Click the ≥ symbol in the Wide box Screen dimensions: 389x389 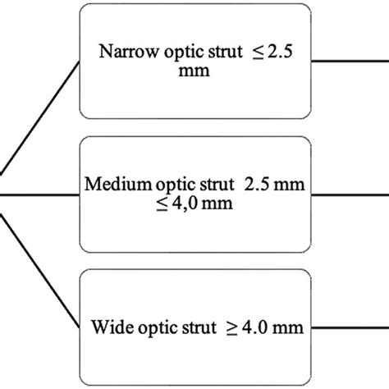click(x=236, y=328)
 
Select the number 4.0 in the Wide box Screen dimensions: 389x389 click(x=263, y=328)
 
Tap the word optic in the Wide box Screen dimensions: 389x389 click(x=161, y=328)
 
